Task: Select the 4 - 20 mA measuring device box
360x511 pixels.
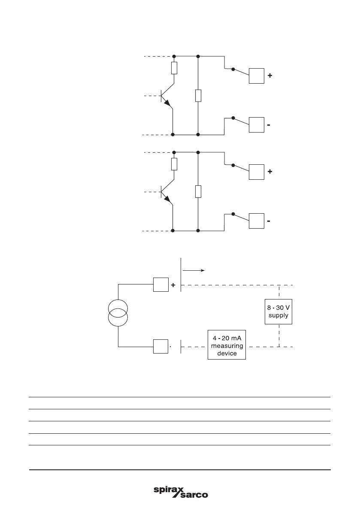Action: (227, 345)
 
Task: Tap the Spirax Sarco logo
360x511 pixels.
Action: (181, 492)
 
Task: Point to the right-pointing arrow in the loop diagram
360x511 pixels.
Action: (194, 271)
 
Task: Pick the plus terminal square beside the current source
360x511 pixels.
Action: (161, 284)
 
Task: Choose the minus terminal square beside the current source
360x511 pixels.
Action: (161, 346)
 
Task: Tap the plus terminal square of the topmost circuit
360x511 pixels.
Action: (257, 76)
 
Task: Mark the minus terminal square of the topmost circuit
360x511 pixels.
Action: (257, 125)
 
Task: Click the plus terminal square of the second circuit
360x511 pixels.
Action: (257, 172)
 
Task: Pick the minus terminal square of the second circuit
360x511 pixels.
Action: (257, 221)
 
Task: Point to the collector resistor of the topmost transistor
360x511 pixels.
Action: (174, 68)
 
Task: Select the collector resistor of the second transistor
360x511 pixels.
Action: (174, 164)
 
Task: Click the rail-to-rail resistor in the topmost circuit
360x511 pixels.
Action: (198, 95)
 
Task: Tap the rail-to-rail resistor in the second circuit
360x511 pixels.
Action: (198, 191)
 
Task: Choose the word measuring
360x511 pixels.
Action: (227, 346)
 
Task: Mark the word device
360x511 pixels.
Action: (227, 354)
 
